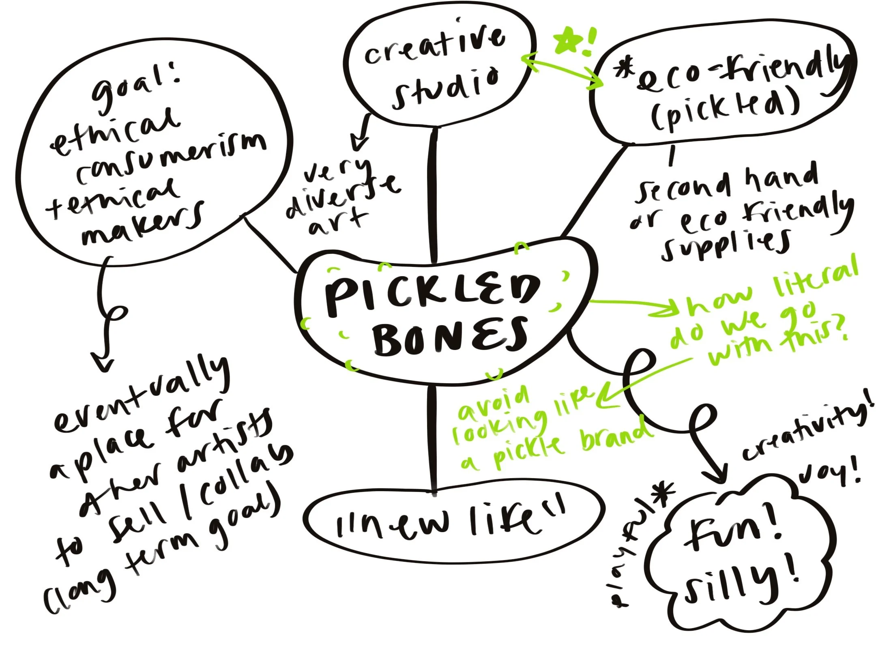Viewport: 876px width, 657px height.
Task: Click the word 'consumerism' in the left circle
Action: pos(170,156)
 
